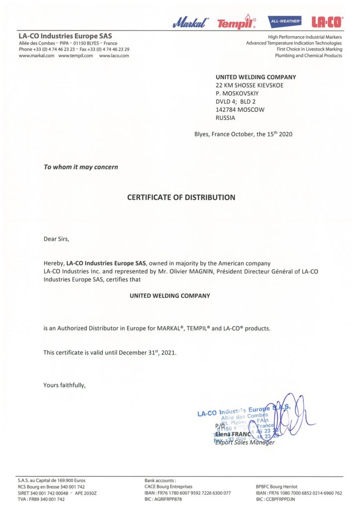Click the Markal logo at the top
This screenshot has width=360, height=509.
pyautogui.click(x=191, y=22)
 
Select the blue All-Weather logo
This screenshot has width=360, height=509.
pyautogui.click(x=284, y=21)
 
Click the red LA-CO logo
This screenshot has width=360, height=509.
pyautogui.click(x=326, y=22)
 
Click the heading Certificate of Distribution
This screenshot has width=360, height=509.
pyautogui.click(x=181, y=197)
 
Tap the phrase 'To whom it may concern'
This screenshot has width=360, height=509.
pyautogui.click(x=81, y=167)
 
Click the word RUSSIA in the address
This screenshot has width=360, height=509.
pyautogui.click(x=225, y=118)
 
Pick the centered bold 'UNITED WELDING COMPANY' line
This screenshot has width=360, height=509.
pyautogui.click(x=170, y=295)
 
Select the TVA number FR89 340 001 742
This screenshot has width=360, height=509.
pyautogui.click(x=47, y=500)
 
